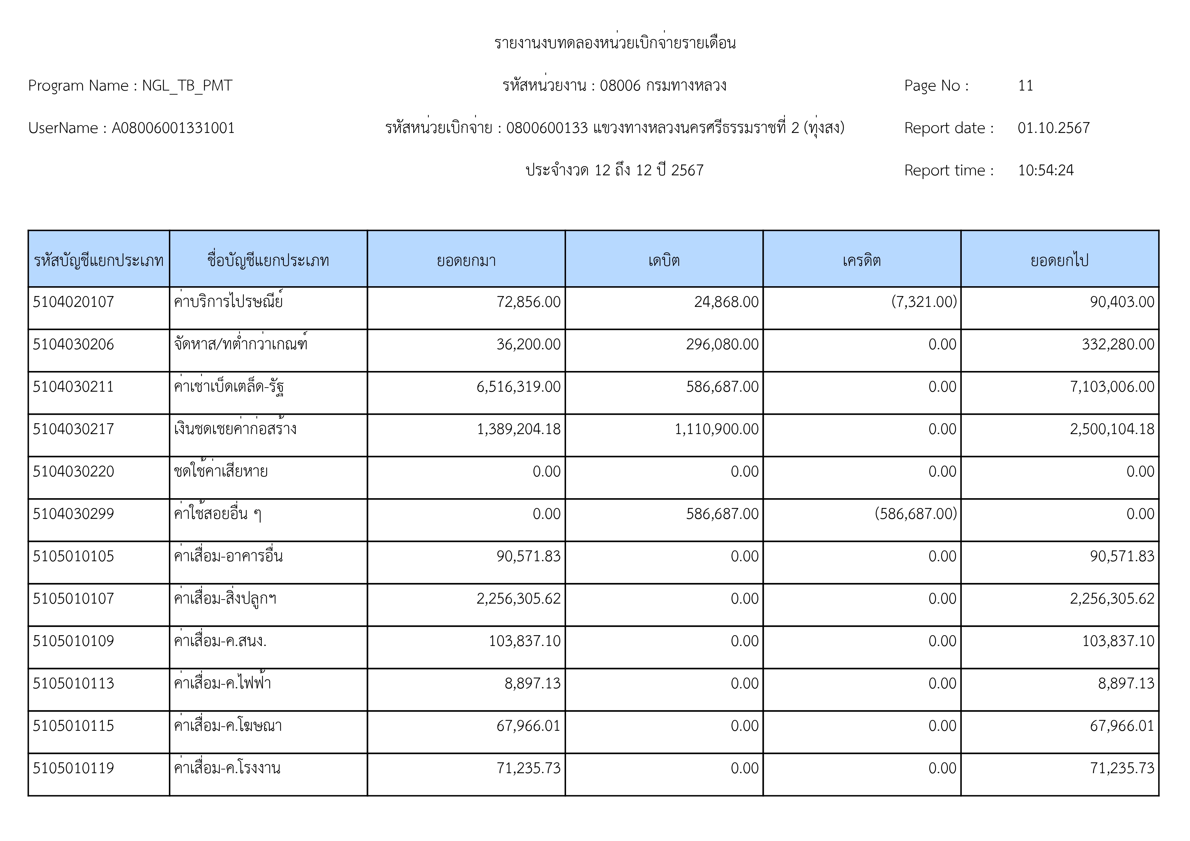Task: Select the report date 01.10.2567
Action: (x=1053, y=128)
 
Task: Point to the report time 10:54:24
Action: (x=1046, y=171)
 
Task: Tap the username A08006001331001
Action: (x=173, y=128)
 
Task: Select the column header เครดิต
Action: (x=861, y=260)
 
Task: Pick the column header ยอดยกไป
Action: (x=1059, y=260)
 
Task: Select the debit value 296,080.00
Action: (x=722, y=345)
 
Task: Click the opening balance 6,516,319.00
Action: (x=518, y=387)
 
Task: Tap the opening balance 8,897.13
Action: (x=532, y=683)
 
